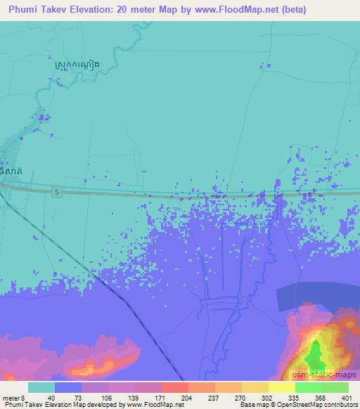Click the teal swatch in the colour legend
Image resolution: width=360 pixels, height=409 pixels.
[x=41, y=388]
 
